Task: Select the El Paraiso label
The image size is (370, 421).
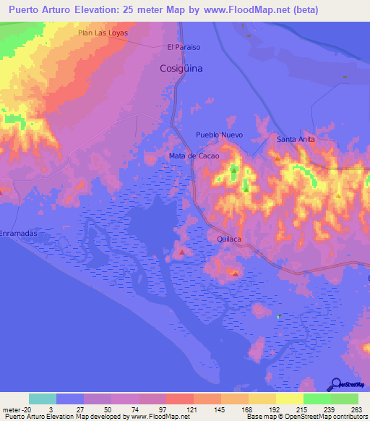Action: [183, 47]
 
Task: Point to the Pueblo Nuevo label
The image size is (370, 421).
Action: [219, 135]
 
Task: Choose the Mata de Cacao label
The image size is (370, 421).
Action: [193, 156]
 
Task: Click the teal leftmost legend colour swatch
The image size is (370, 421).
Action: [43, 399]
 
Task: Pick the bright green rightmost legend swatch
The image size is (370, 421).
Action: [345, 399]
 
